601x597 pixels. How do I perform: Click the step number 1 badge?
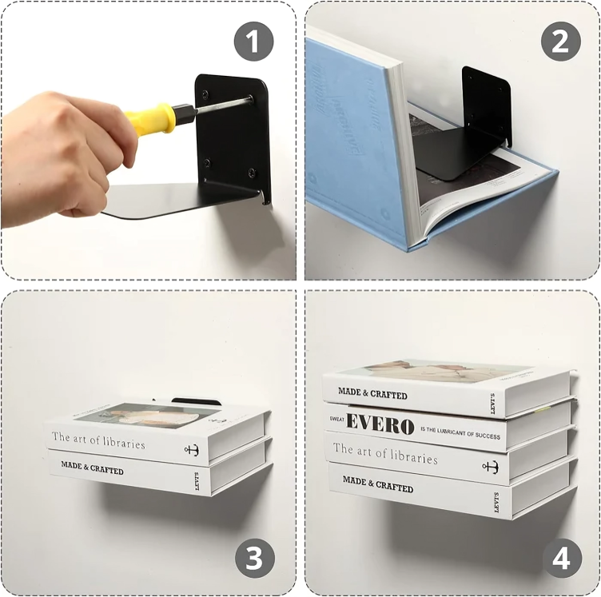tap(254, 42)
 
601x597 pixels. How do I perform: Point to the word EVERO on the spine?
tap(380, 424)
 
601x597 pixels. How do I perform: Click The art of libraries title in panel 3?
tap(98, 440)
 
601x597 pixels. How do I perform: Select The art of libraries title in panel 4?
tap(385, 453)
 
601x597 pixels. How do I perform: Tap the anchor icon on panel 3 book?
tap(191, 450)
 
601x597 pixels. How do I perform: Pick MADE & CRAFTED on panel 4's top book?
tap(372, 393)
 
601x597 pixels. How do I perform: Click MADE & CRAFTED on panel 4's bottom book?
tap(377, 482)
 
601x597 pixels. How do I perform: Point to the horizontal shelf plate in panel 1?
tap(176, 200)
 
